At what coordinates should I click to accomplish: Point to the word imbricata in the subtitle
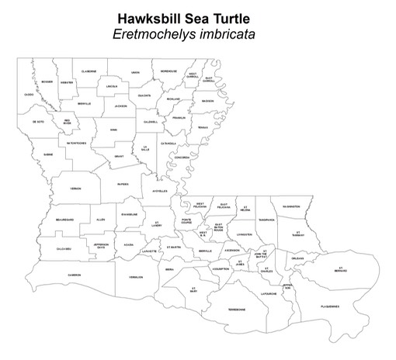point(231,34)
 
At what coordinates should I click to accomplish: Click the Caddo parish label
point(30,95)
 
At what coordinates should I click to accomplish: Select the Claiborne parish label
point(89,71)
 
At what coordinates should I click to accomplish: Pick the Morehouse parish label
point(169,71)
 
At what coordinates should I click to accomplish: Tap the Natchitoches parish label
point(60,143)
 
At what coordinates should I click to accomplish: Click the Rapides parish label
point(123,184)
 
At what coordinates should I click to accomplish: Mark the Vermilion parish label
point(136,276)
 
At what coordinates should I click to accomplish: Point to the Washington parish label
point(291,206)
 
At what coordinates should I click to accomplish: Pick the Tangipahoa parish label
point(267,219)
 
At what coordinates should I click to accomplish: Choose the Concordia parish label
point(182,157)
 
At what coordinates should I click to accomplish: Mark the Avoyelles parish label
point(160,191)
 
